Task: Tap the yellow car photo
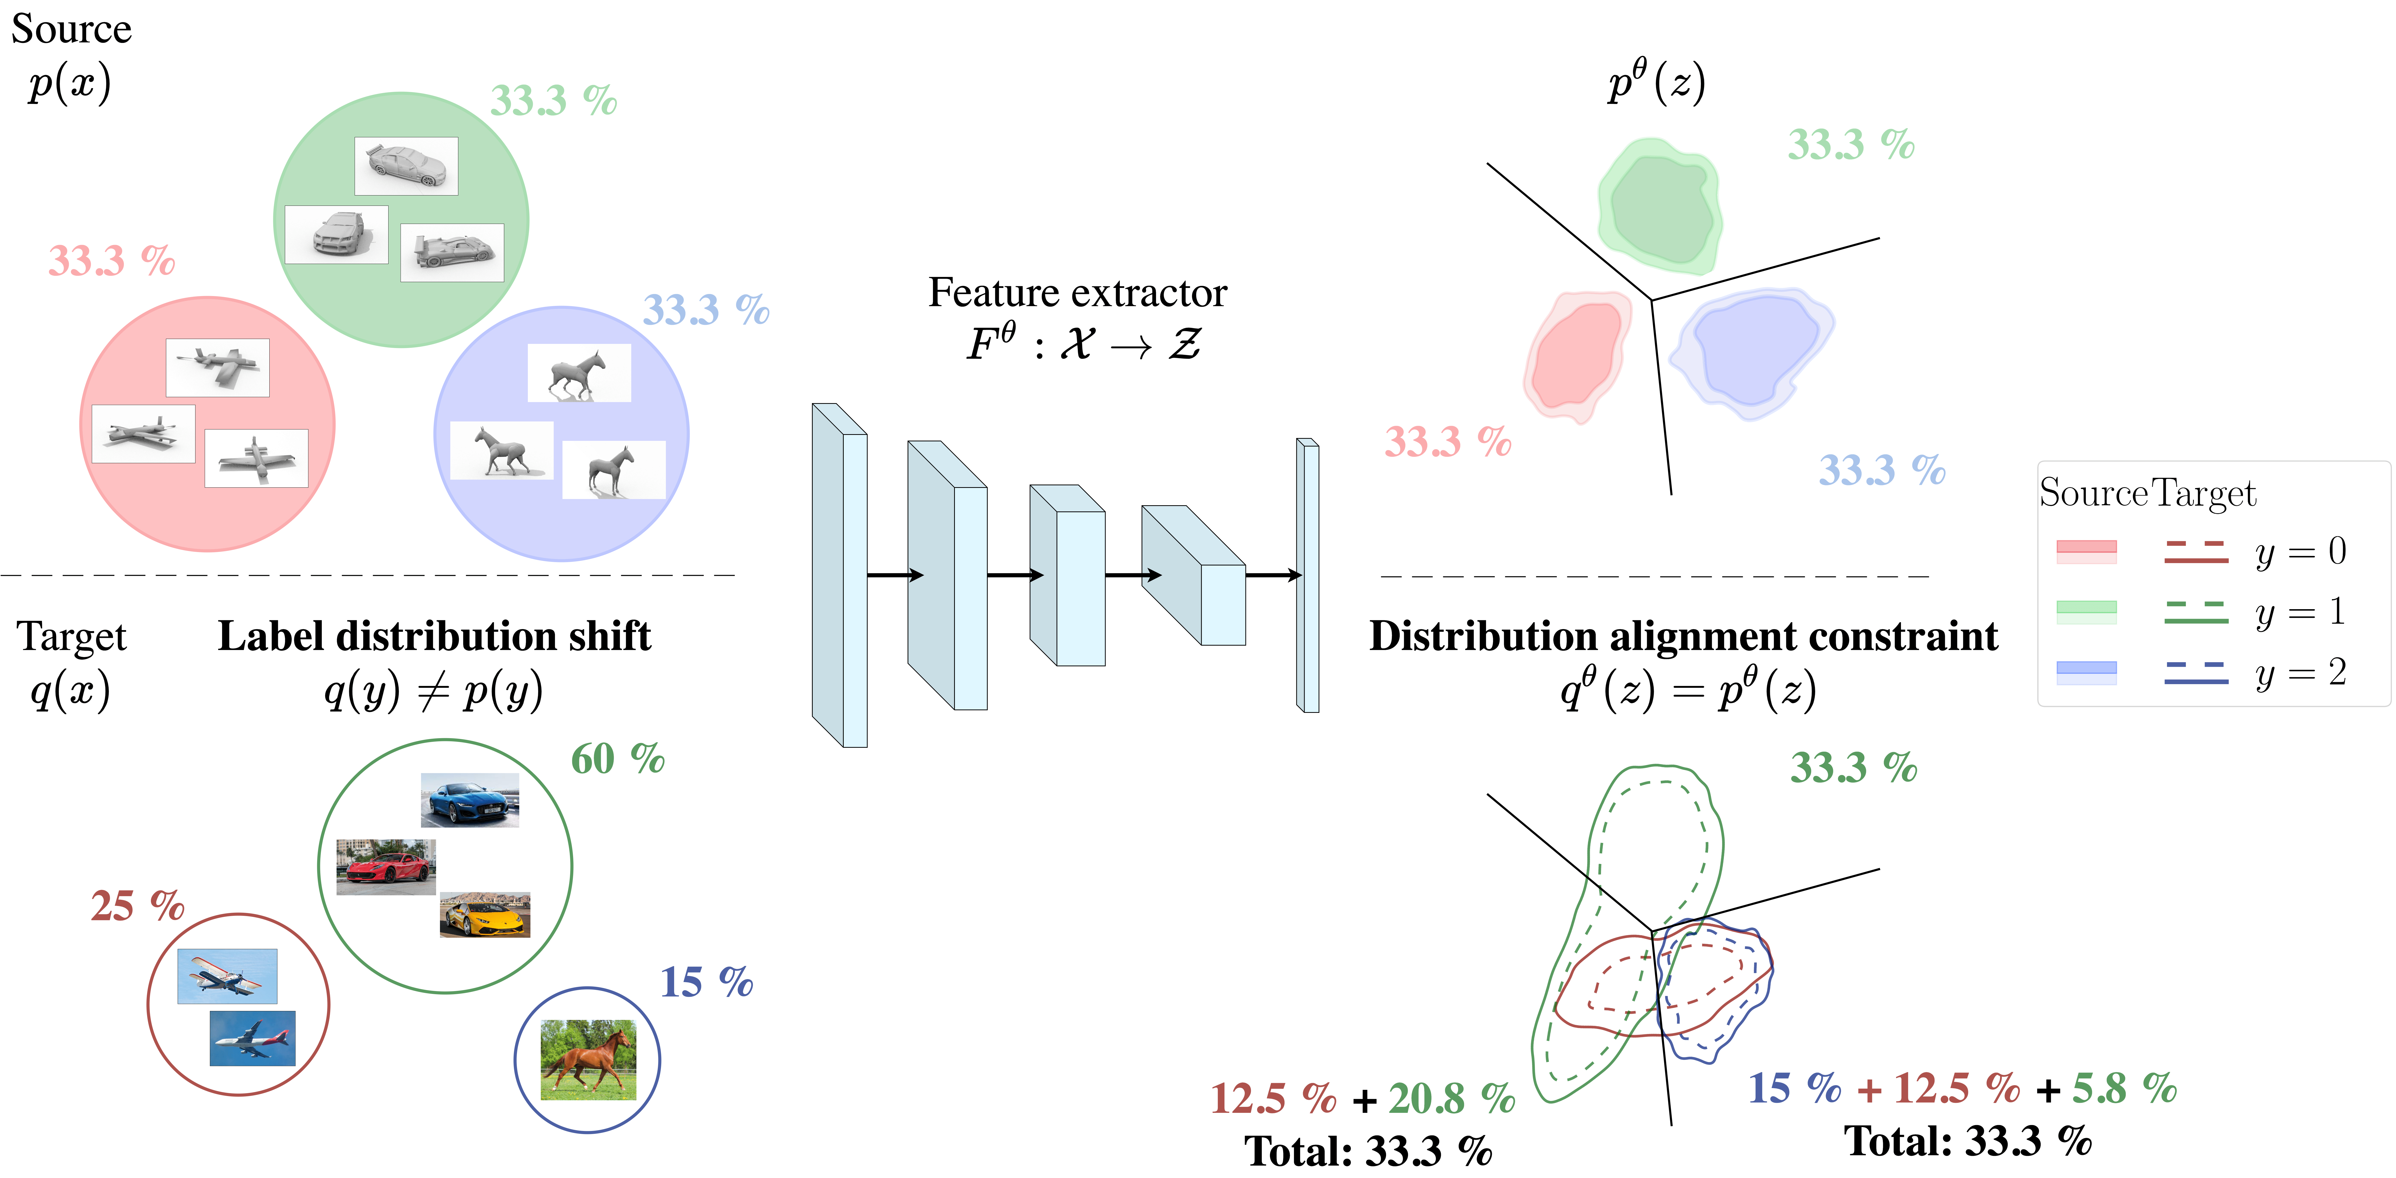(x=485, y=915)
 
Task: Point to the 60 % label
(x=618, y=759)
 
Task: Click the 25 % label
(x=137, y=905)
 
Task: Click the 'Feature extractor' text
(x=1077, y=293)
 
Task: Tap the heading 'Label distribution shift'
(x=434, y=637)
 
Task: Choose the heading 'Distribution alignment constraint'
(x=1684, y=637)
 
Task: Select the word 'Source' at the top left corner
(x=72, y=29)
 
